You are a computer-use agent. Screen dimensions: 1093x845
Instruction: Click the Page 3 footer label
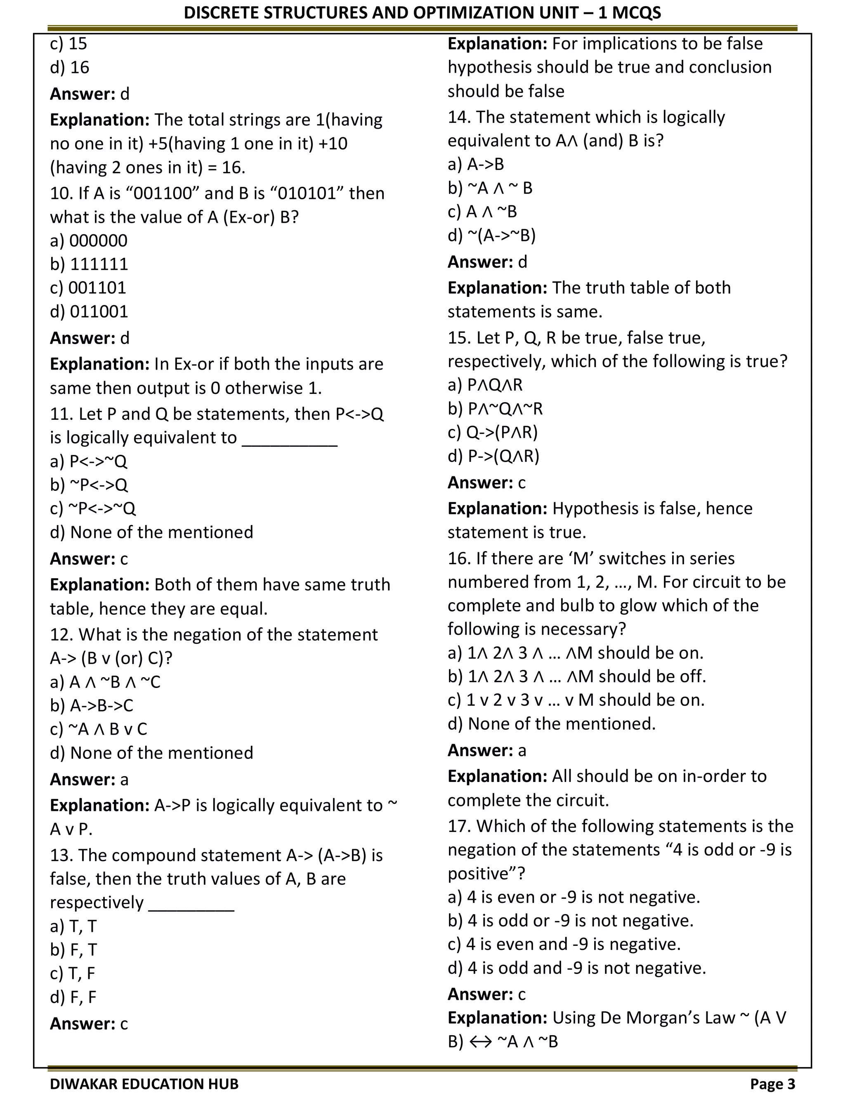click(x=772, y=1084)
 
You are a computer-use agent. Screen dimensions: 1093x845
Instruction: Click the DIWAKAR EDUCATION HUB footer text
click(x=144, y=1084)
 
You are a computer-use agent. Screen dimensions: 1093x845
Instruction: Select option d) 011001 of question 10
click(x=89, y=312)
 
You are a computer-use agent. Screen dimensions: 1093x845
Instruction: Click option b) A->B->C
click(x=92, y=705)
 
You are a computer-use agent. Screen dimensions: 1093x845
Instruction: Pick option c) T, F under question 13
click(x=73, y=973)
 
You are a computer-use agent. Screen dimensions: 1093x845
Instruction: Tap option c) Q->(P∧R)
click(x=493, y=432)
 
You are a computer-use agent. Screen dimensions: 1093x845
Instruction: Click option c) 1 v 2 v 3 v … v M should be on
click(x=576, y=700)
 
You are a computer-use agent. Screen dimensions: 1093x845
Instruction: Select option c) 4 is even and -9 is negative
click(x=564, y=944)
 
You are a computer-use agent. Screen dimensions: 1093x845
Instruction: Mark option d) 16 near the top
click(x=70, y=68)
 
